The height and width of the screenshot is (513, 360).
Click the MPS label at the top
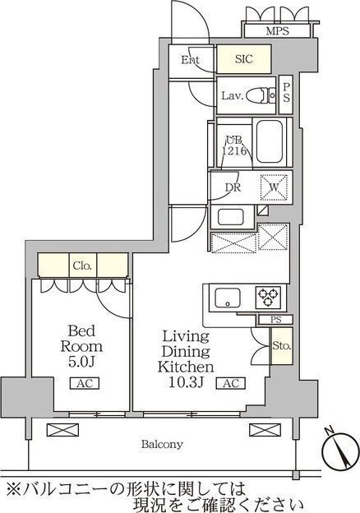coord(277,31)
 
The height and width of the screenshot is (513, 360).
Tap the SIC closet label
coord(244,59)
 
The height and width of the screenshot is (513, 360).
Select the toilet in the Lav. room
coord(261,96)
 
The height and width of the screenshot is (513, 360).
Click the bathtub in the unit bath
coord(270,141)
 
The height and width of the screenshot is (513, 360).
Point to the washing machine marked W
coord(274,187)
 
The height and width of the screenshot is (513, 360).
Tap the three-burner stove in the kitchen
coord(268,297)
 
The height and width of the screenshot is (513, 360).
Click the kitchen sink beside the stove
coord(227,298)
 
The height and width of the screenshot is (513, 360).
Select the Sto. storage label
coord(282,346)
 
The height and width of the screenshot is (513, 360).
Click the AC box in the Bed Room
coord(85,383)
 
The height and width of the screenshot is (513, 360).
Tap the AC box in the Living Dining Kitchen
coord(231,383)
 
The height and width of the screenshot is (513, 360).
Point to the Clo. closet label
coord(82,266)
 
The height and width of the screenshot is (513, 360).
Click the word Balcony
coord(162,444)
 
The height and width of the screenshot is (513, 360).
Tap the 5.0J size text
coord(81,362)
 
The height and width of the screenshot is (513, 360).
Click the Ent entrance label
coord(191,60)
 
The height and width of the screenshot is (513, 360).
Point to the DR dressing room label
coord(233,187)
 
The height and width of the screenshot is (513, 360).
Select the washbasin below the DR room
coord(230,217)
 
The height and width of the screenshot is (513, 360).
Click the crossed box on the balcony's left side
coord(62,430)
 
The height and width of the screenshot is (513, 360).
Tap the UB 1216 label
coord(233,146)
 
